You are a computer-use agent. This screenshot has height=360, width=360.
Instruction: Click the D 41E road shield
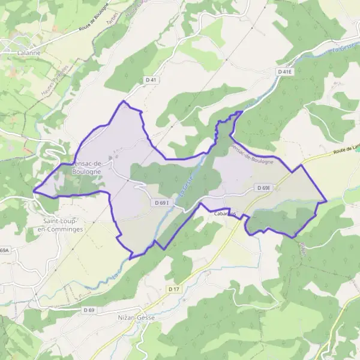pos(284,71)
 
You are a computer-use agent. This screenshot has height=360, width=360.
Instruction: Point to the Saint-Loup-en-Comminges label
pos(59,225)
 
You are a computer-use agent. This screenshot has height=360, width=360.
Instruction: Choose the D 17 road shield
pos(173,289)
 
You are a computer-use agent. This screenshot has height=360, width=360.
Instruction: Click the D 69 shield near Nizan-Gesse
pos(88,310)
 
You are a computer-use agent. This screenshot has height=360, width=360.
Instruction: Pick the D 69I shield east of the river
pos(263,188)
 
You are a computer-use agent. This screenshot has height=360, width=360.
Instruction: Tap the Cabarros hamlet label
pos(223,213)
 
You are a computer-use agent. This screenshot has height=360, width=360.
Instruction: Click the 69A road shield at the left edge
pos(5,250)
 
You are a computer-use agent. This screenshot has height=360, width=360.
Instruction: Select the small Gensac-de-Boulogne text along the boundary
pos(253,154)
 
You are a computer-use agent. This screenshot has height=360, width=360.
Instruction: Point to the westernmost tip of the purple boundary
pos(33,191)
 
